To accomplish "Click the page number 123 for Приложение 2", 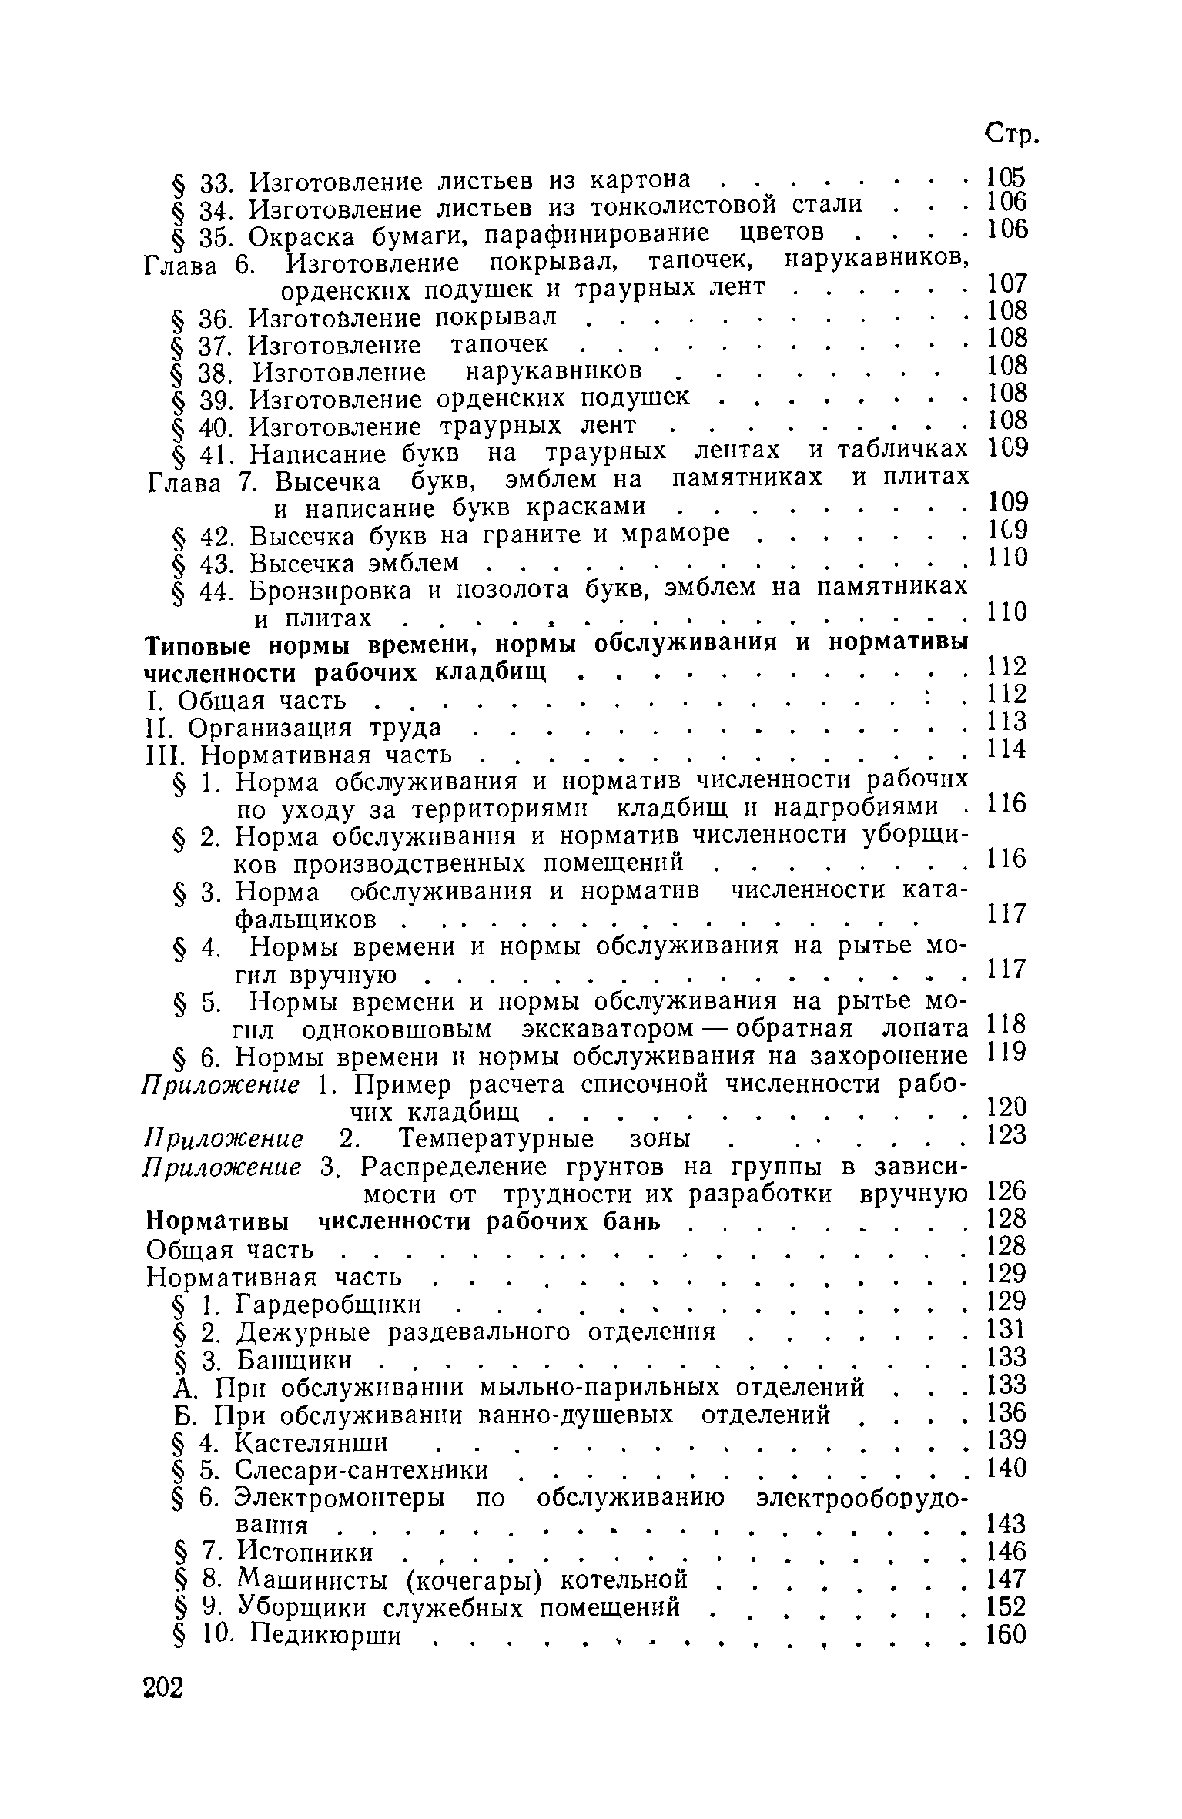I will pyautogui.click(x=1006, y=1134).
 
